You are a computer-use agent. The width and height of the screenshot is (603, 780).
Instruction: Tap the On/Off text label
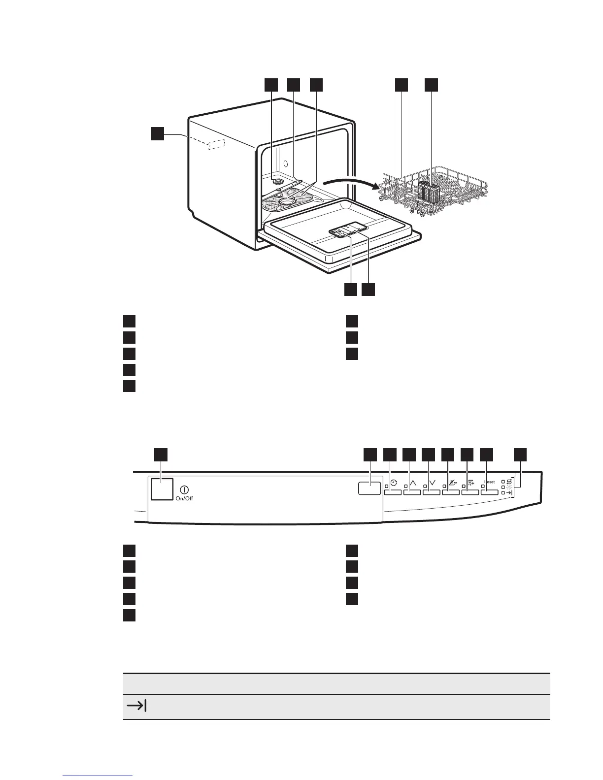[x=184, y=498]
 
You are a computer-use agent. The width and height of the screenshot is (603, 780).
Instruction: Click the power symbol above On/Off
[x=184, y=490]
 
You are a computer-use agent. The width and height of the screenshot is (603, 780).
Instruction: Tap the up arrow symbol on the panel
[x=413, y=483]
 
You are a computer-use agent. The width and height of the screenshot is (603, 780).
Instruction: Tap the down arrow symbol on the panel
[x=432, y=483]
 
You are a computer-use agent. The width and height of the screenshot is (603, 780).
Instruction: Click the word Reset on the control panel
[x=489, y=482]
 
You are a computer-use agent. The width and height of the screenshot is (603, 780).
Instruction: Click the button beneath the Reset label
[x=489, y=491]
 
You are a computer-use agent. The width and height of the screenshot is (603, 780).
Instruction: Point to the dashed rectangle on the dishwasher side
[x=217, y=144]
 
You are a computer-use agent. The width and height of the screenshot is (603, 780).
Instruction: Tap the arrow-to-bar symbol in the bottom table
[x=137, y=706]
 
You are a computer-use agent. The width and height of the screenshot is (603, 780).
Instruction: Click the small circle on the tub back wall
[x=286, y=163]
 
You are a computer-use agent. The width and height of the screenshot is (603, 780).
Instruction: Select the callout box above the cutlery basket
[x=432, y=85]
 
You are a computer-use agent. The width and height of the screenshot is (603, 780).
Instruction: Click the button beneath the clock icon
[x=393, y=491]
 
